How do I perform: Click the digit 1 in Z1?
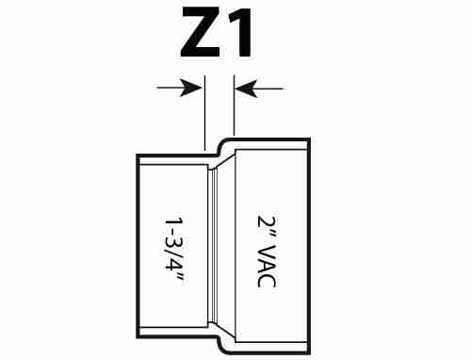[x=239, y=32]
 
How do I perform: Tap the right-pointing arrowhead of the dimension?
[x=190, y=88]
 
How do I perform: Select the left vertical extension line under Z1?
[x=204, y=113]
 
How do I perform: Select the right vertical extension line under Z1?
[x=235, y=106]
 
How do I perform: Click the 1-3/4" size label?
[x=173, y=250]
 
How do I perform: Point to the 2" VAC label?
[x=267, y=252]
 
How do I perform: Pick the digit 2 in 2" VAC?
[x=267, y=221]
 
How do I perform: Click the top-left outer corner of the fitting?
[x=138, y=155]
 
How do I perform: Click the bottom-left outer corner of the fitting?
[x=138, y=337]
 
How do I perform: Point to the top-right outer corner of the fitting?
[x=309, y=139]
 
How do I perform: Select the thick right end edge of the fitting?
[x=309, y=246]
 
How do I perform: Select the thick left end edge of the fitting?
[x=138, y=246]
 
